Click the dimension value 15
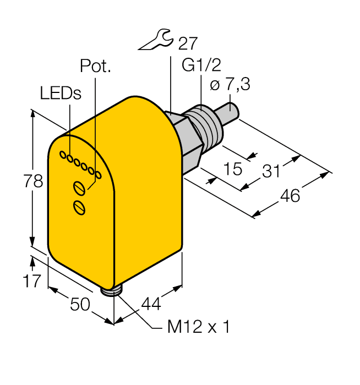[233, 169]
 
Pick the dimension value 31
[270, 171]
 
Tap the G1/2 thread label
[201, 65]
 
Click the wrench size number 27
[185, 43]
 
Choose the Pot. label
[95, 67]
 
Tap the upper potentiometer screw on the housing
[80, 189]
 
